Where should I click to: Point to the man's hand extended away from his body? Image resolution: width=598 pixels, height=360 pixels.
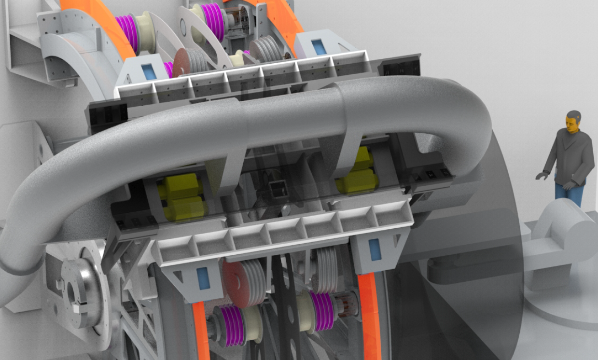[x=541, y=177]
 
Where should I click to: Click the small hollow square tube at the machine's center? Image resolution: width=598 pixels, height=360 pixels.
[x=278, y=189]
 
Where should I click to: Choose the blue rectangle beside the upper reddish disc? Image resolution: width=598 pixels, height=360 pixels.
[x=149, y=71]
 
